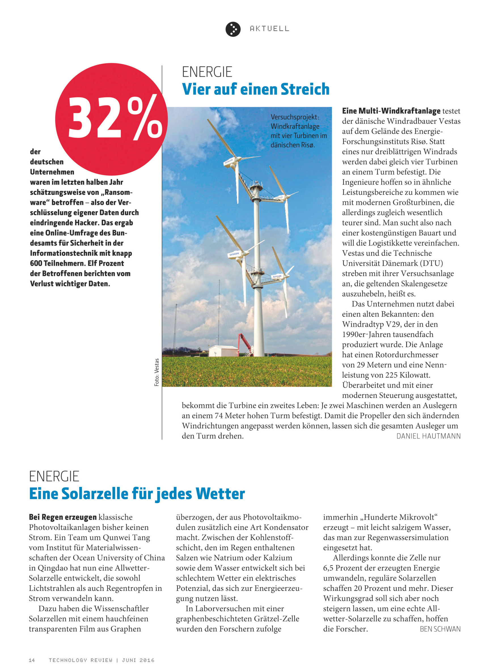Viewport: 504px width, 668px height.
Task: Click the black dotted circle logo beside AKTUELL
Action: (x=233, y=29)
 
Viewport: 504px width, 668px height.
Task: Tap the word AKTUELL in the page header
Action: (x=269, y=29)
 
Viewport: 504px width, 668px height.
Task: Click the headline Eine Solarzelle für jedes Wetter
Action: (x=137, y=494)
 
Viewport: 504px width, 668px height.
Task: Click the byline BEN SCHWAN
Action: (x=440, y=629)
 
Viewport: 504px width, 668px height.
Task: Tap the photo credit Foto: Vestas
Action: (x=156, y=372)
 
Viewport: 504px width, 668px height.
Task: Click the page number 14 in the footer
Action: (x=32, y=660)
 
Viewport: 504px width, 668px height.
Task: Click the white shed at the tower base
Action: (x=223, y=351)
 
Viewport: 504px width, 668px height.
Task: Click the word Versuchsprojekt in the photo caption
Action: (x=295, y=117)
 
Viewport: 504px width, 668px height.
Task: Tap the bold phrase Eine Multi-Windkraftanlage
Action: (x=391, y=111)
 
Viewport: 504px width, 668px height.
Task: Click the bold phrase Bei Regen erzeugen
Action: (x=63, y=517)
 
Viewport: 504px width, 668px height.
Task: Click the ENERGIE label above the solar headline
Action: (x=54, y=476)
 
